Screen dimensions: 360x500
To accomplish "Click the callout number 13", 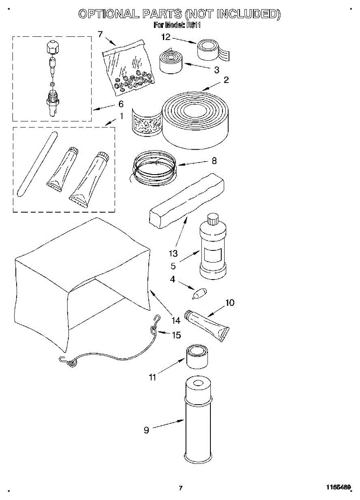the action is point(173,253).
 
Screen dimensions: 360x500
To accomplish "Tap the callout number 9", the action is point(146,430).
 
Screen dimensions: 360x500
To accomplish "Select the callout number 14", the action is point(176,320).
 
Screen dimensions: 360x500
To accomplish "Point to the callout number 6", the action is point(121,104).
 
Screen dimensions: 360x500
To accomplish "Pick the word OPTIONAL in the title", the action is point(109,14).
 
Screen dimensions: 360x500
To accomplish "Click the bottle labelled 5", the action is point(212,248).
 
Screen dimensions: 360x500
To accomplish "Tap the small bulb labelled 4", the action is point(197,294).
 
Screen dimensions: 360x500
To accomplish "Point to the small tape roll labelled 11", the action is point(197,357).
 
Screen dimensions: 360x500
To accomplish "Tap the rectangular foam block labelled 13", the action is point(186,200).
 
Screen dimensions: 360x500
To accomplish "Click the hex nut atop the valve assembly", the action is point(50,47).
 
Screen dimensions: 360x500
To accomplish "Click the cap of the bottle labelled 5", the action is point(212,219).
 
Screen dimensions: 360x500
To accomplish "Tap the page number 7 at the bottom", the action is point(180,487).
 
